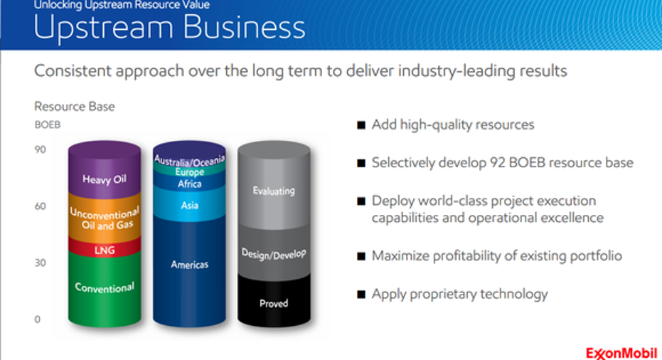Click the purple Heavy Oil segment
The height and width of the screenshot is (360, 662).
pyautogui.click(x=105, y=172)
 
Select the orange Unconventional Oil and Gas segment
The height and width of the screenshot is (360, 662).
pyautogui.click(x=105, y=218)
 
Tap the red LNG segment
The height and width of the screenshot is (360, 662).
pyautogui.click(x=105, y=250)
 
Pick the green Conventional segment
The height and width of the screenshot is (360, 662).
pyautogui.click(x=105, y=289)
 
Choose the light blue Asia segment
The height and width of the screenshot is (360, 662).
pyautogui.click(x=189, y=206)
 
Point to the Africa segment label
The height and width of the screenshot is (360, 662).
pyautogui.click(x=190, y=184)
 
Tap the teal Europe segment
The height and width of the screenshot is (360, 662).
pyautogui.click(x=190, y=171)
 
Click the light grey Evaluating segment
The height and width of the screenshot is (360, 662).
pyautogui.click(x=274, y=186)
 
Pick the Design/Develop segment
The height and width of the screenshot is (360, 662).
pyautogui.click(x=274, y=253)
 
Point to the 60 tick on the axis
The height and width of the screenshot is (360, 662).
pyautogui.click(x=40, y=206)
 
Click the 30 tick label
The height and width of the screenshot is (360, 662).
pyautogui.click(x=40, y=263)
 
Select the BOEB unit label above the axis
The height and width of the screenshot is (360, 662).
pyautogui.click(x=47, y=125)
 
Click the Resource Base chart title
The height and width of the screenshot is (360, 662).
pyautogui.click(x=74, y=107)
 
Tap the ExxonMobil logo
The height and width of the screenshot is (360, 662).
pyautogui.click(x=621, y=353)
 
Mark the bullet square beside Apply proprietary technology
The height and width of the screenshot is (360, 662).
pyautogui.click(x=361, y=294)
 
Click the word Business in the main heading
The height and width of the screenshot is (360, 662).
pyautogui.click(x=244, y=27)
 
